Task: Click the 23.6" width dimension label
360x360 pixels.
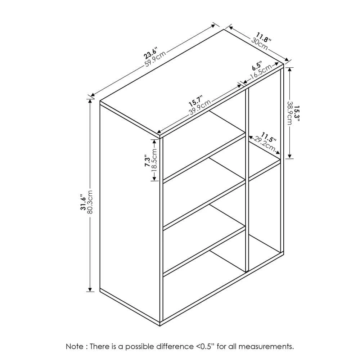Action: tap(151, 53)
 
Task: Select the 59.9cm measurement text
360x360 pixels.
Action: tap(155, 59)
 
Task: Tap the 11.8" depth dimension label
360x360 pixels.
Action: tap(264, 38)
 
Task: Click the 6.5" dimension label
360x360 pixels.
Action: tap(257, 66)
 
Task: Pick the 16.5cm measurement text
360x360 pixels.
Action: tap(261, 72)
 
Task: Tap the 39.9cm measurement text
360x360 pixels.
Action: tap(200, 107)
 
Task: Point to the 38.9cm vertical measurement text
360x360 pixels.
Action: tap(290, 113)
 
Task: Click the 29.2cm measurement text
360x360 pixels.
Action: tap(264, 144)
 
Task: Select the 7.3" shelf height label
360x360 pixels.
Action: tap(147, 162)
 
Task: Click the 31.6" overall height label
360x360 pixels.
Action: tap(83, 203)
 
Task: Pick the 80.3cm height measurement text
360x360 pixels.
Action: tap(90, 202)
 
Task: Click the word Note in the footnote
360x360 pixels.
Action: tap(75, 346)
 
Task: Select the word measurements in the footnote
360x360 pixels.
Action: tap(266, 346)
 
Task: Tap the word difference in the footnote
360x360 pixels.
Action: tap(175, 346)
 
